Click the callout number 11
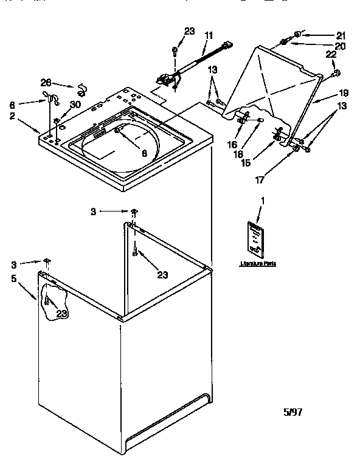pos(209,35)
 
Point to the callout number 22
pos(331,56)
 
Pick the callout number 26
pos(46,83)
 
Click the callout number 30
pos(75,105)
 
